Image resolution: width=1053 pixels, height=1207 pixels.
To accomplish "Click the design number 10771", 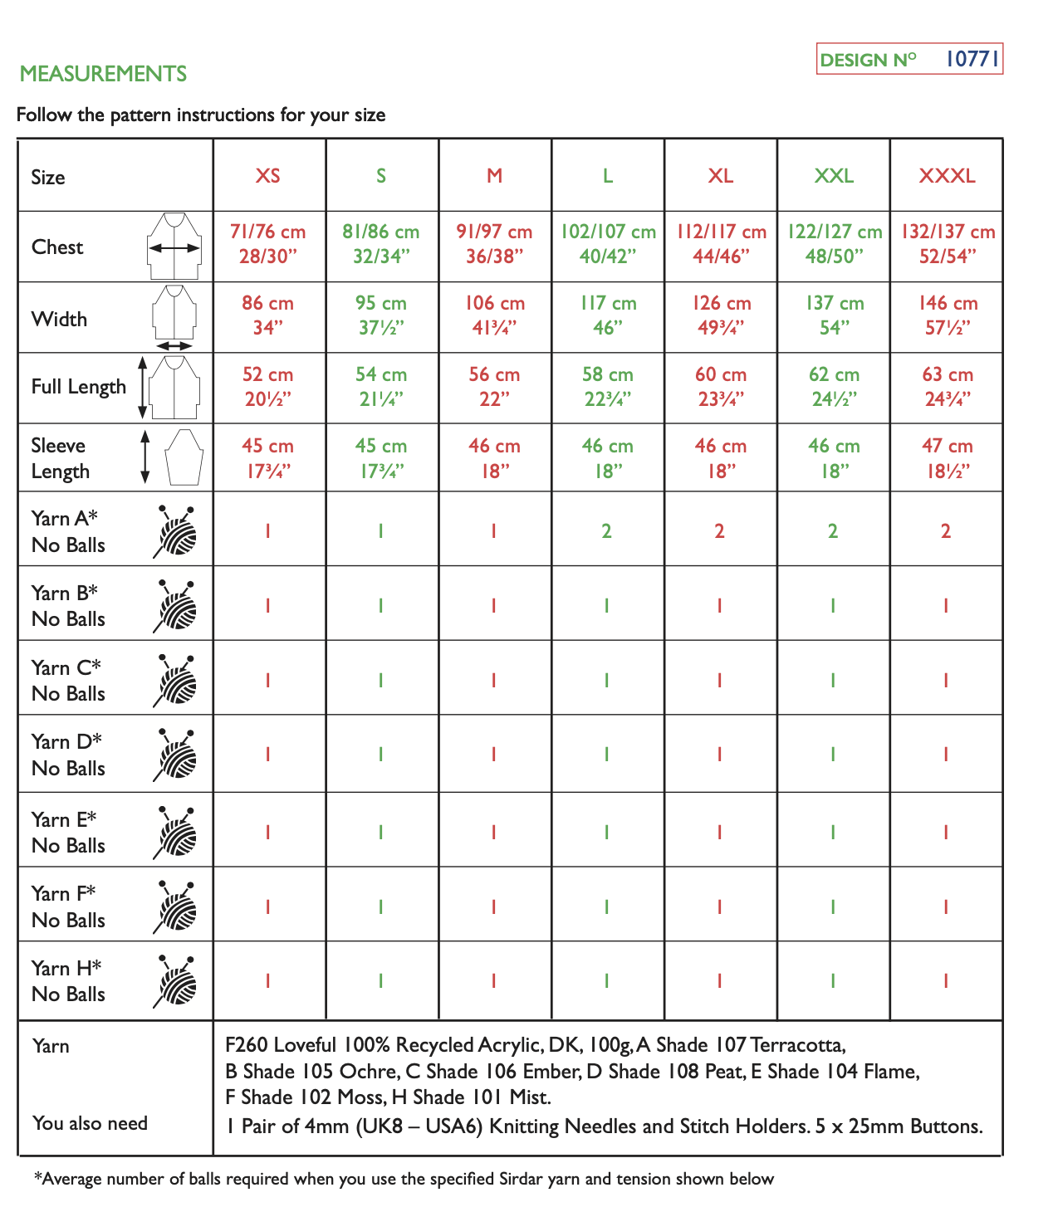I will [x=972, y=59].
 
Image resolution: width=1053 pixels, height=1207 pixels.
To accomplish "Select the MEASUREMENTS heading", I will [x=103, y=74].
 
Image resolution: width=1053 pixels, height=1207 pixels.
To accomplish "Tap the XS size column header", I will [x=267, y=176].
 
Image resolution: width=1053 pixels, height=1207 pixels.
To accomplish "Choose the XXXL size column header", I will [x=947, y=176].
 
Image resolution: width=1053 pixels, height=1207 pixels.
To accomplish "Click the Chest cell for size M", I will [x=494, y=244].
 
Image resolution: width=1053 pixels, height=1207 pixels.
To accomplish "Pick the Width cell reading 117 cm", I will [x=608, y=315].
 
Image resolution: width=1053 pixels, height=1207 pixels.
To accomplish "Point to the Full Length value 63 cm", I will [x=947, y=375].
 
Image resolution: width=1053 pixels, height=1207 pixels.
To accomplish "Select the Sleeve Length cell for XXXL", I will [x=947, y=458].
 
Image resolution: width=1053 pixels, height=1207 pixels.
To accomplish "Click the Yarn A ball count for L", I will [x=607, y=531].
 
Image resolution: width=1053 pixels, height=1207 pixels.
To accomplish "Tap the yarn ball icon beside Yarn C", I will [x=175, y=682].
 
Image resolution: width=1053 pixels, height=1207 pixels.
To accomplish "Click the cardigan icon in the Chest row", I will [x=174, y=246].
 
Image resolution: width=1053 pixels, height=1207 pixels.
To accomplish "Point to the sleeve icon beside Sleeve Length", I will [x=184, y=457].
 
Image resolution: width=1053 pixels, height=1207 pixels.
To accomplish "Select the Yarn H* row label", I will [x=67, y=981].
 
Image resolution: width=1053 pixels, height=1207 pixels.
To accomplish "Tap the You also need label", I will [x=90, y=1123].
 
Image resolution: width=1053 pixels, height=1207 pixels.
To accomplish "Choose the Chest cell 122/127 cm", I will [x=834, y=232].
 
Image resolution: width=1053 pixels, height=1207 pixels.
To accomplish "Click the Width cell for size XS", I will [x=267, y=315].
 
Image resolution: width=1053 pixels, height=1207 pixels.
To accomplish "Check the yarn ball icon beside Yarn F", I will [x=175, y=907].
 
